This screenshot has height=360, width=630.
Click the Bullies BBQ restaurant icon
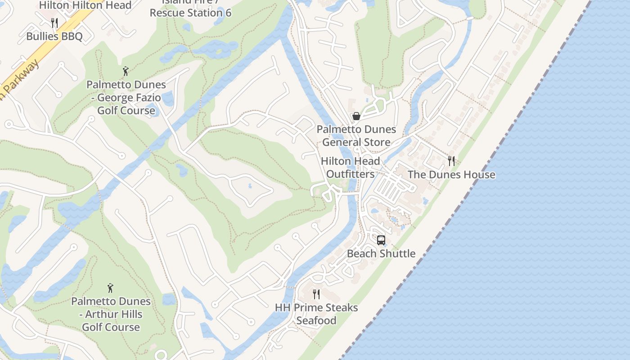(54, 22)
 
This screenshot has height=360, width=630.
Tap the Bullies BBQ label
(54, 36)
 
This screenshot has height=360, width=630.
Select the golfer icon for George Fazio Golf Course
(126, 71)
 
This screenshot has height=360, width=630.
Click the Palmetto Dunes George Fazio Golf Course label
(126, 98)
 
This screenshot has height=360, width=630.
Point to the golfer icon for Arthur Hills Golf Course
(110, 288)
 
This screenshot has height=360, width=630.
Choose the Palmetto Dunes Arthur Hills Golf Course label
(111, 314)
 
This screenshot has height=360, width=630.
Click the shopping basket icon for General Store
(356, 116)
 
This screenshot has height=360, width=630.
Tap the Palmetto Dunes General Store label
(356, 136)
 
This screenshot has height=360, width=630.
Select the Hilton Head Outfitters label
(350, 167)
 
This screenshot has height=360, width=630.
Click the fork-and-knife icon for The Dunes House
(451, 161)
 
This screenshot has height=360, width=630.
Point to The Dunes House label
(451, 175)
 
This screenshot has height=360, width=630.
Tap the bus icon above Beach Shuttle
(381, 240)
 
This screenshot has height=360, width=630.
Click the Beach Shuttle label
(381, 254)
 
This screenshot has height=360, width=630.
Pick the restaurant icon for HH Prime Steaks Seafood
(316, 294)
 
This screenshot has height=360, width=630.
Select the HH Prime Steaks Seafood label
(316, 314)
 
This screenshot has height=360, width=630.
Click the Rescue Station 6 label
(190, 13)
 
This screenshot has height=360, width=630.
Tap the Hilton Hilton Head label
(85, 5)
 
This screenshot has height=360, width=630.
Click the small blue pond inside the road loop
(250, 185)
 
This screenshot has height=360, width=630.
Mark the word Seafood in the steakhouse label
(316, 321)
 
